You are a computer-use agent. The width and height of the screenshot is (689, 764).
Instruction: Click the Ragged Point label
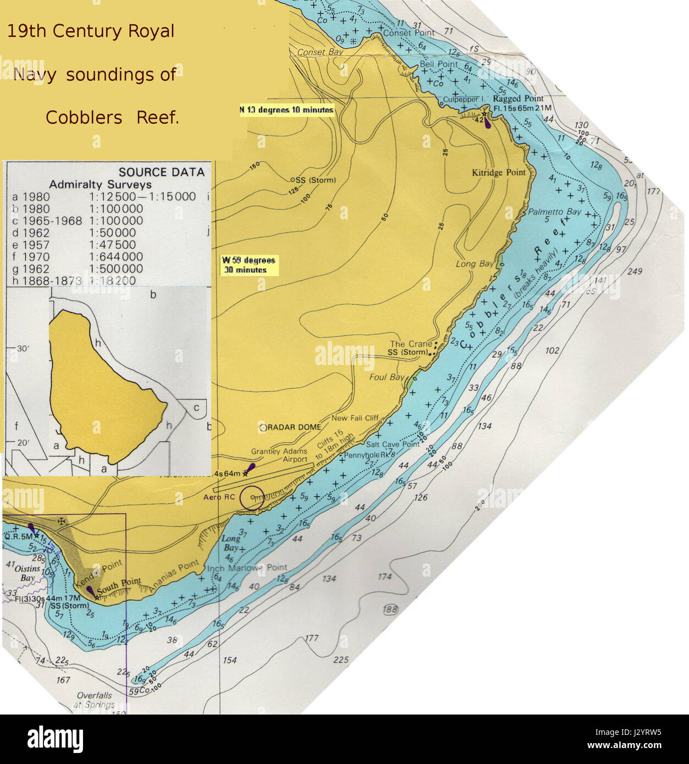510,99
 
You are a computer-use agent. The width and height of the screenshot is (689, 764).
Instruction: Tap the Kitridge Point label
499,173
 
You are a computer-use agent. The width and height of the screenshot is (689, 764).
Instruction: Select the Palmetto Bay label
554,212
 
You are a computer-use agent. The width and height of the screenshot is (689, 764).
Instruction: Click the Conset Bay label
319,52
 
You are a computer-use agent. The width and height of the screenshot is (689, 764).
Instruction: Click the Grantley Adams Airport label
279,455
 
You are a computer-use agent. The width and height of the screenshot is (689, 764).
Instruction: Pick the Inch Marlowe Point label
246,568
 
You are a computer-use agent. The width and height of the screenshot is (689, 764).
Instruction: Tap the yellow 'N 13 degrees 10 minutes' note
286,110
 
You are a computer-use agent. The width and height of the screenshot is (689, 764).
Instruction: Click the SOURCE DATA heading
161,172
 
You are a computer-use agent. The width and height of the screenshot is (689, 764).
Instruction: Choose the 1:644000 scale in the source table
116,257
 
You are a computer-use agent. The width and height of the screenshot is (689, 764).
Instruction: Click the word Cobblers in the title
84,117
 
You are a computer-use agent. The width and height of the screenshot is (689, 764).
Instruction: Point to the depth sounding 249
634,271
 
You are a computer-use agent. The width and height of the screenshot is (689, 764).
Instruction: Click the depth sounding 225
341,659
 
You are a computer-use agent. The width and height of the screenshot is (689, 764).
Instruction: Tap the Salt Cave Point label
393,444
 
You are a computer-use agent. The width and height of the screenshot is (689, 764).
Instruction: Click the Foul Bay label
386,377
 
